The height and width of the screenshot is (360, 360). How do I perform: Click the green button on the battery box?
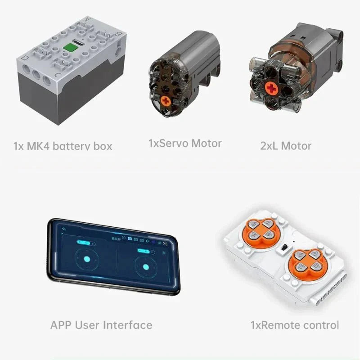[x=71, y=48]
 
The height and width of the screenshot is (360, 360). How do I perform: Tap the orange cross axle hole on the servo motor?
[x=166, y=101]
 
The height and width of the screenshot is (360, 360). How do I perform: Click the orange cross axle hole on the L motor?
[x=272, y=88]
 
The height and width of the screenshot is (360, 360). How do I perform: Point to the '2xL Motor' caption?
[x=285, y=146]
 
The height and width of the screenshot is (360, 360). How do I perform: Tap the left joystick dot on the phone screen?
[x=87, y=259]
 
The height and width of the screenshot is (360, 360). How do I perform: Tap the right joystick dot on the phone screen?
[x=146, y=267]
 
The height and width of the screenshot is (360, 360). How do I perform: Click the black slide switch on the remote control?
[x=284, y=248]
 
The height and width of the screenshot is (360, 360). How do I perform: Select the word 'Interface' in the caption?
[x=127, y=325]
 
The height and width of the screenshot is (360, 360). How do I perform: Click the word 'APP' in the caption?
[x=61, y=325]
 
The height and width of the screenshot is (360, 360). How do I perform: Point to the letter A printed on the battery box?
[x=87, y=19]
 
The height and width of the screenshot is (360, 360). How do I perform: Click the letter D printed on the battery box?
[x=24, y=58]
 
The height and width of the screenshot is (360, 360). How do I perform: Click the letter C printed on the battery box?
[x=58, y=75]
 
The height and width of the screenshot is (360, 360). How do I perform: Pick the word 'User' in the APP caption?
[x=87, y=325]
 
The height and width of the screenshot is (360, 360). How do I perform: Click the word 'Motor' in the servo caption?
[x=207, y=143]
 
